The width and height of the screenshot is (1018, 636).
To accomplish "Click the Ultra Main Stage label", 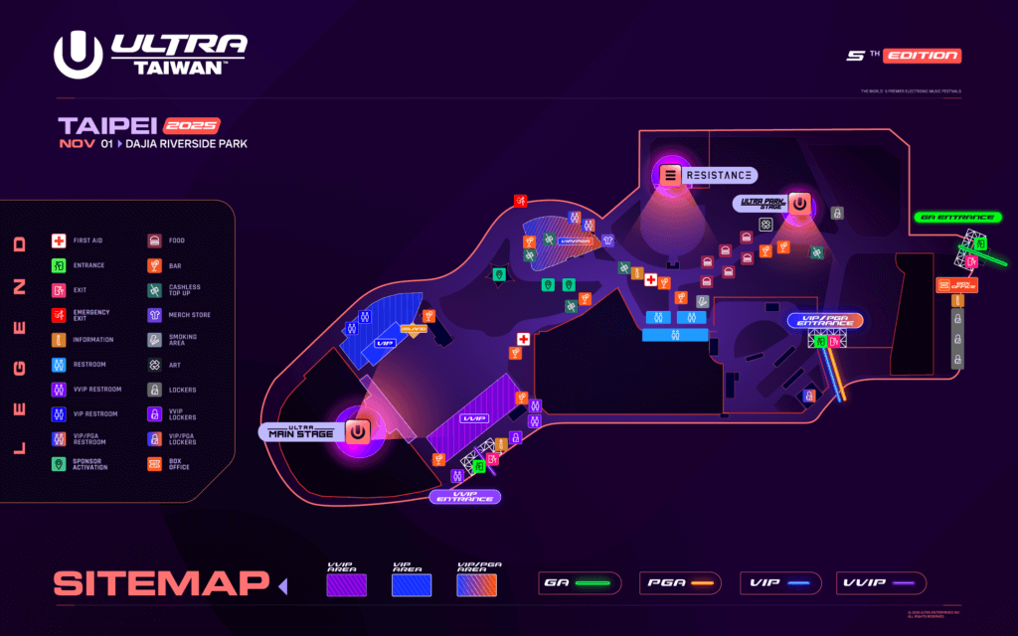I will pos(302,432).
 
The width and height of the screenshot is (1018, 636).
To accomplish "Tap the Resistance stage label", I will pos(715,176).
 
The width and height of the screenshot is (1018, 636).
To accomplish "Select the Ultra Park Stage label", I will pos(761,204).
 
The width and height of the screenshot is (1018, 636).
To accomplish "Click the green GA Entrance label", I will pos(957,217).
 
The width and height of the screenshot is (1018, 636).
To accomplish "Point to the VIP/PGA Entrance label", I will pos(825,321).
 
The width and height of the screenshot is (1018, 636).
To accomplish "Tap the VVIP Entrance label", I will pos(464,496).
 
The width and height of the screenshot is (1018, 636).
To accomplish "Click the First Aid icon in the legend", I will pos(59,240).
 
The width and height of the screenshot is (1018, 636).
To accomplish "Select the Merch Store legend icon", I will pos(154,315).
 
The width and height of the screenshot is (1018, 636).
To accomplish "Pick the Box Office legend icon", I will pos(154,464).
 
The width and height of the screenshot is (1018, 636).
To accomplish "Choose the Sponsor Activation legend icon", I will pos(59,464).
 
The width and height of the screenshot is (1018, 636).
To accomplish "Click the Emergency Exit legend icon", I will pos(59,315).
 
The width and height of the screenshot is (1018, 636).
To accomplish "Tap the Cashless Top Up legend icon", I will pos(154,290).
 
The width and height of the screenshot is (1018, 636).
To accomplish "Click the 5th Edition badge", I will pos(921,56).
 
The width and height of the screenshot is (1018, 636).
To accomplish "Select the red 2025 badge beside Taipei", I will pos(191,126).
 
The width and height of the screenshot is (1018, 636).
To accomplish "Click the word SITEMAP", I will pos(161,583).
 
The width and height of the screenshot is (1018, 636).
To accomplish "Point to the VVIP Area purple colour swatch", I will pos(346,586).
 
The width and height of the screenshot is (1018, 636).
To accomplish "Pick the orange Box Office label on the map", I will pos(957,285).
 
